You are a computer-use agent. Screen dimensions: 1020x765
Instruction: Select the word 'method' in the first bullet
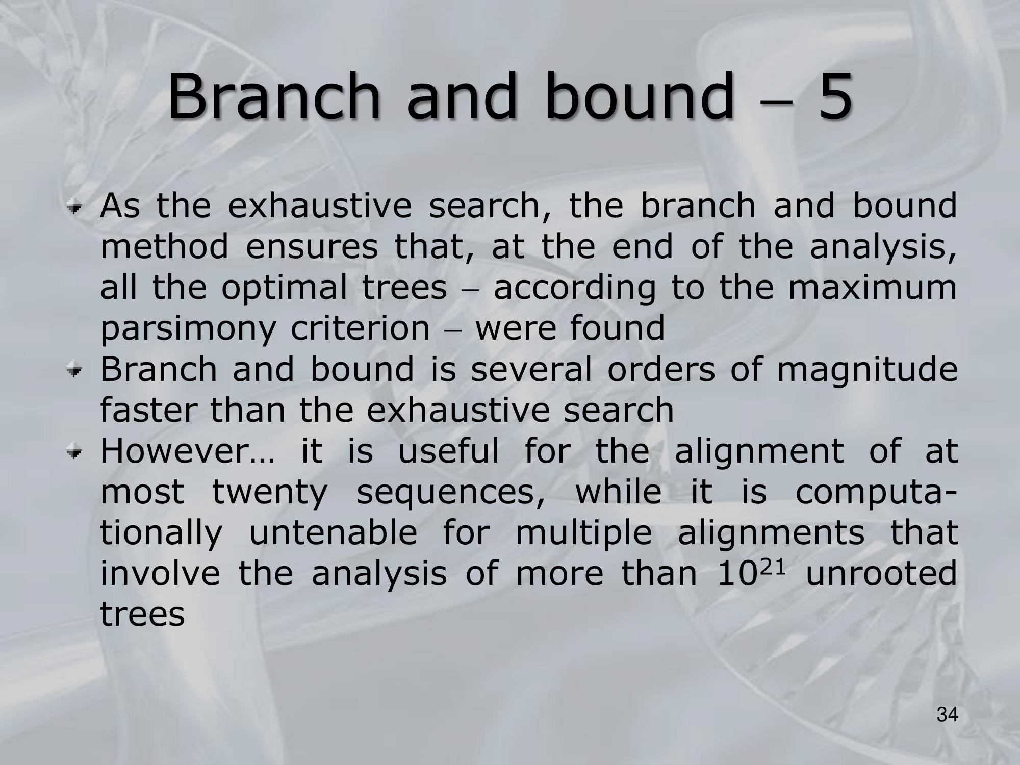164,246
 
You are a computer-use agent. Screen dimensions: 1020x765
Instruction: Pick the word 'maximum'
873,288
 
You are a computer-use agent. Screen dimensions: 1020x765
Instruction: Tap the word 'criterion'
361,328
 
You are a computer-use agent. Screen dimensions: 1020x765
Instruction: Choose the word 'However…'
187,451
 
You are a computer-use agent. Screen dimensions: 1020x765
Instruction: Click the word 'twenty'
269,494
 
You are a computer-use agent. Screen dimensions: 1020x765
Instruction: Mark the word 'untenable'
333,533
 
